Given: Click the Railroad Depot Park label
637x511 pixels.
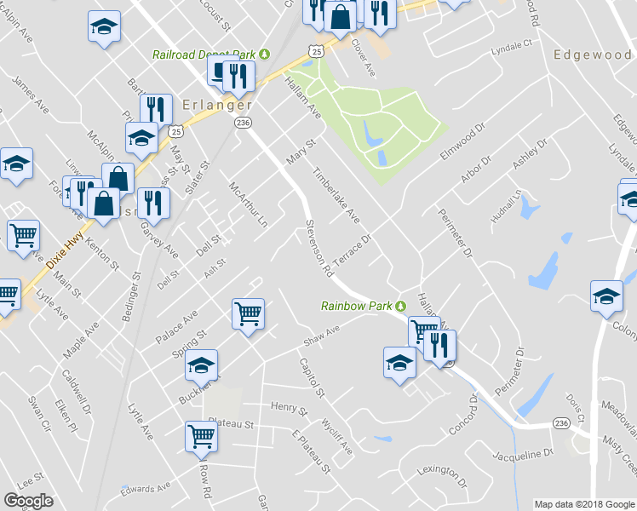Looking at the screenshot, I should (x=204, y=55).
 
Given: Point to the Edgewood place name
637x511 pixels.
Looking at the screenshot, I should (x=592, y=55).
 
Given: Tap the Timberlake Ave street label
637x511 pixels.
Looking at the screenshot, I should (x=336, y=195).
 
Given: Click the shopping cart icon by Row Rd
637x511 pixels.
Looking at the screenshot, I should (x=202, y=434).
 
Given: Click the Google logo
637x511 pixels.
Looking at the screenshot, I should (x=29, y=501).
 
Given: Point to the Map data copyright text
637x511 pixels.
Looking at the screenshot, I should (x=584, y=504).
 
